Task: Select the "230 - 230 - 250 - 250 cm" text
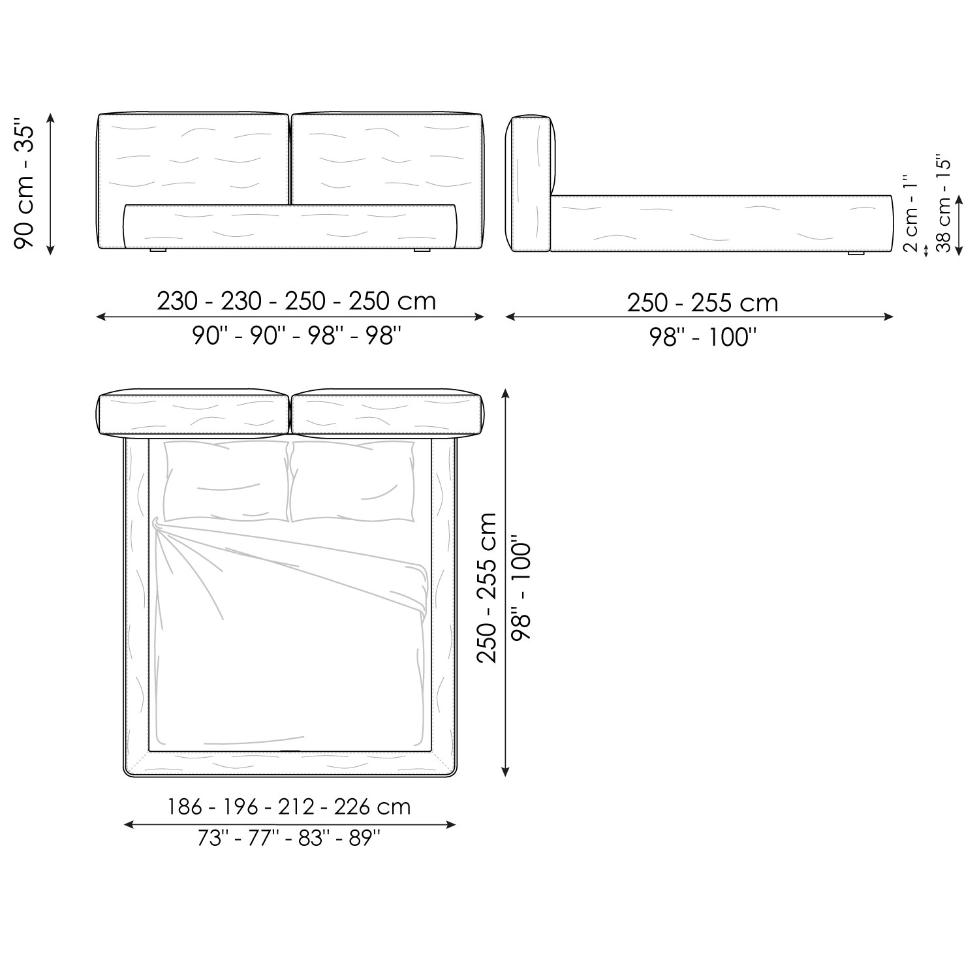click(296, 301)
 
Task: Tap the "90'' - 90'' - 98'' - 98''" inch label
click(296, 336)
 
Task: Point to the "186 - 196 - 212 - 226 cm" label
click(289, 807)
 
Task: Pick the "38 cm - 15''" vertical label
click(944, 204)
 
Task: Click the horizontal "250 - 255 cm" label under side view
click(702, 303)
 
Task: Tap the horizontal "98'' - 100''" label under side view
click(702, 337)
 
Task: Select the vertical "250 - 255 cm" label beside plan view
click(488, 587)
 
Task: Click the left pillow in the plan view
click(225, 482)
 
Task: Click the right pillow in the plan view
click(352, 482)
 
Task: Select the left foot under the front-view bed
click(158, 250)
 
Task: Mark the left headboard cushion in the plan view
click(193, 414)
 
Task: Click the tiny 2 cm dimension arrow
click(926, 250)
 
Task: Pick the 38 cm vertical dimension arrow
click(958, 225)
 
